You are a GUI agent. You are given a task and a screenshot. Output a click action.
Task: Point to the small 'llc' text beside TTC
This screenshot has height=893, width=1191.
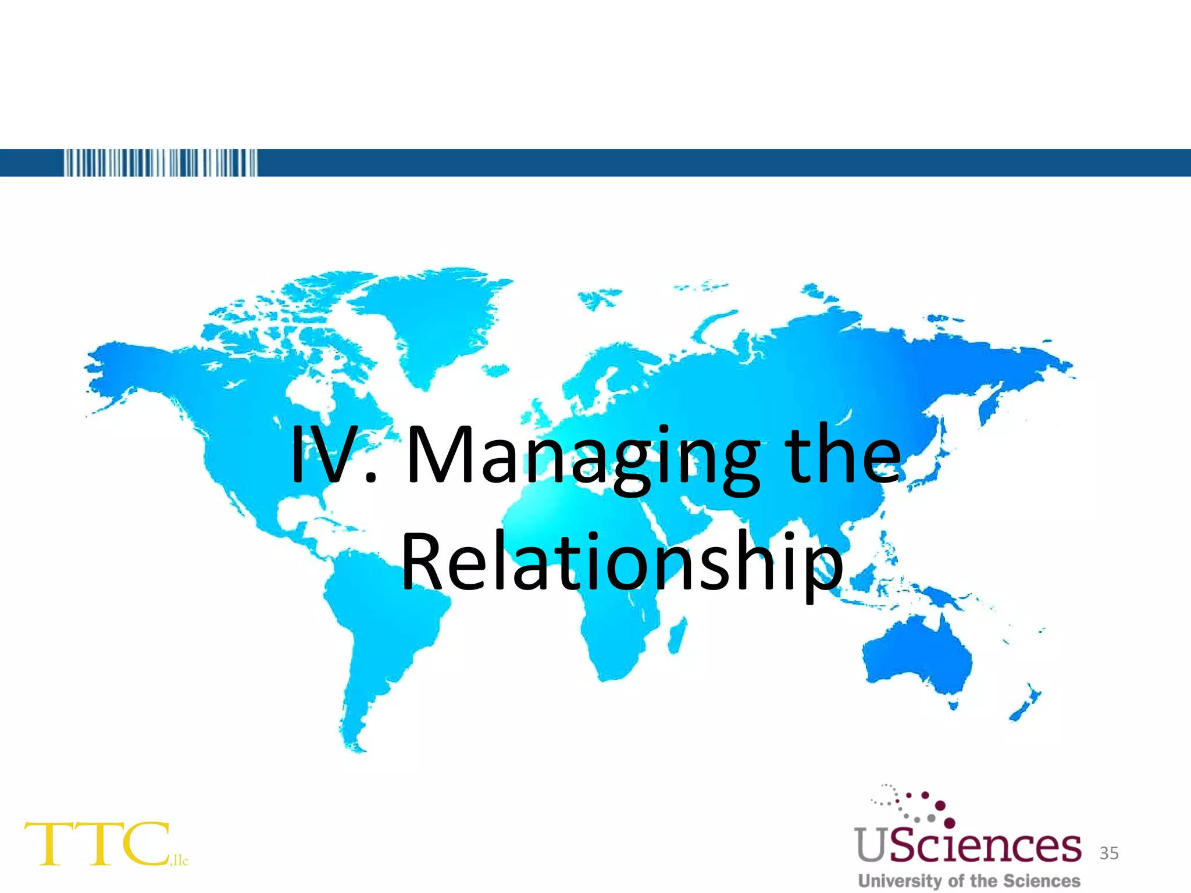[x=180, y=860]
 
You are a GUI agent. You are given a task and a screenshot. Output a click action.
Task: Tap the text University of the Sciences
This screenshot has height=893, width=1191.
[x=968, y=880]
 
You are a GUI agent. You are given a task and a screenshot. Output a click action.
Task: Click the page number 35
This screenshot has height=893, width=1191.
[x=1109, y=853]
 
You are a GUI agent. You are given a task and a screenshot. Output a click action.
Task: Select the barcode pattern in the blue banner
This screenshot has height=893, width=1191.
[x=160, y=163]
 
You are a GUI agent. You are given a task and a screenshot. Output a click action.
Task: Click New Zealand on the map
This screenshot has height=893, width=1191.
[x=1026, y=703]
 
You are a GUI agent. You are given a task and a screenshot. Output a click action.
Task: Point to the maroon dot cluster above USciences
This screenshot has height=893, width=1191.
[x=925, y=805]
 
